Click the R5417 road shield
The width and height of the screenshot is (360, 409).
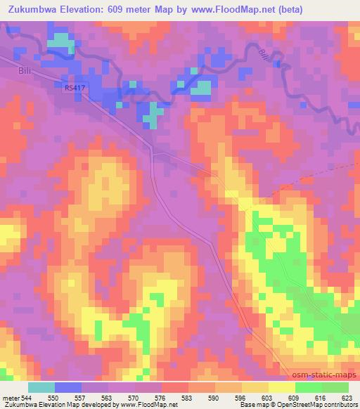coord(72,87)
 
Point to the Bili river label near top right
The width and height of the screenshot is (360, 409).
coord(262,54)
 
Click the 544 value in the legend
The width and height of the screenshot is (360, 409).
coord(25,398)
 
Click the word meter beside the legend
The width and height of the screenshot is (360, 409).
coord(10,398)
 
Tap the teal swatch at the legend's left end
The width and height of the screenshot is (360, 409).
coord(41,387)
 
